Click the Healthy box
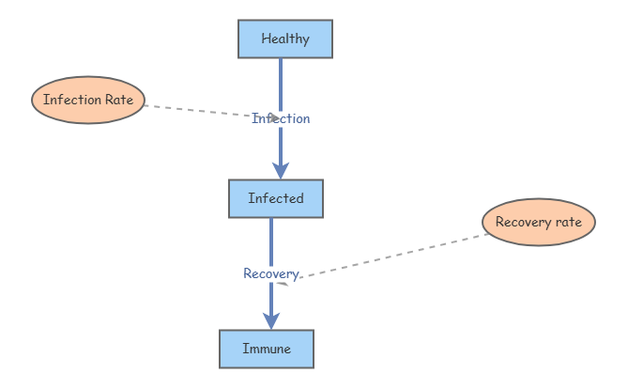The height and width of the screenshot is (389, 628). (284, 39)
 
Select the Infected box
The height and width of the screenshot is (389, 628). (275, 198)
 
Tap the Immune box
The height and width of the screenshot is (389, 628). (266, 349)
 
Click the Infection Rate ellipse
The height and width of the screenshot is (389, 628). (88, 100)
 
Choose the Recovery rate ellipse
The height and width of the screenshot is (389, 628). (538, 223)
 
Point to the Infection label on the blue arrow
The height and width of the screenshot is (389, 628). (281, 118)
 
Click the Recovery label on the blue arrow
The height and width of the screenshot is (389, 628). (270, 273)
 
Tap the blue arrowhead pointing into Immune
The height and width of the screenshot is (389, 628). (271, 319)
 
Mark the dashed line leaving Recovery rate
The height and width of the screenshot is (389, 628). (394, 255)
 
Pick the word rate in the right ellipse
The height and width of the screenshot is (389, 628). (567, 223)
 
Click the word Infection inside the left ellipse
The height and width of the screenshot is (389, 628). (72, 100)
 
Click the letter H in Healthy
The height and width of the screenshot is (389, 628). (266, 39)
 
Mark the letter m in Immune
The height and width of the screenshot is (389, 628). (254, 350)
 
